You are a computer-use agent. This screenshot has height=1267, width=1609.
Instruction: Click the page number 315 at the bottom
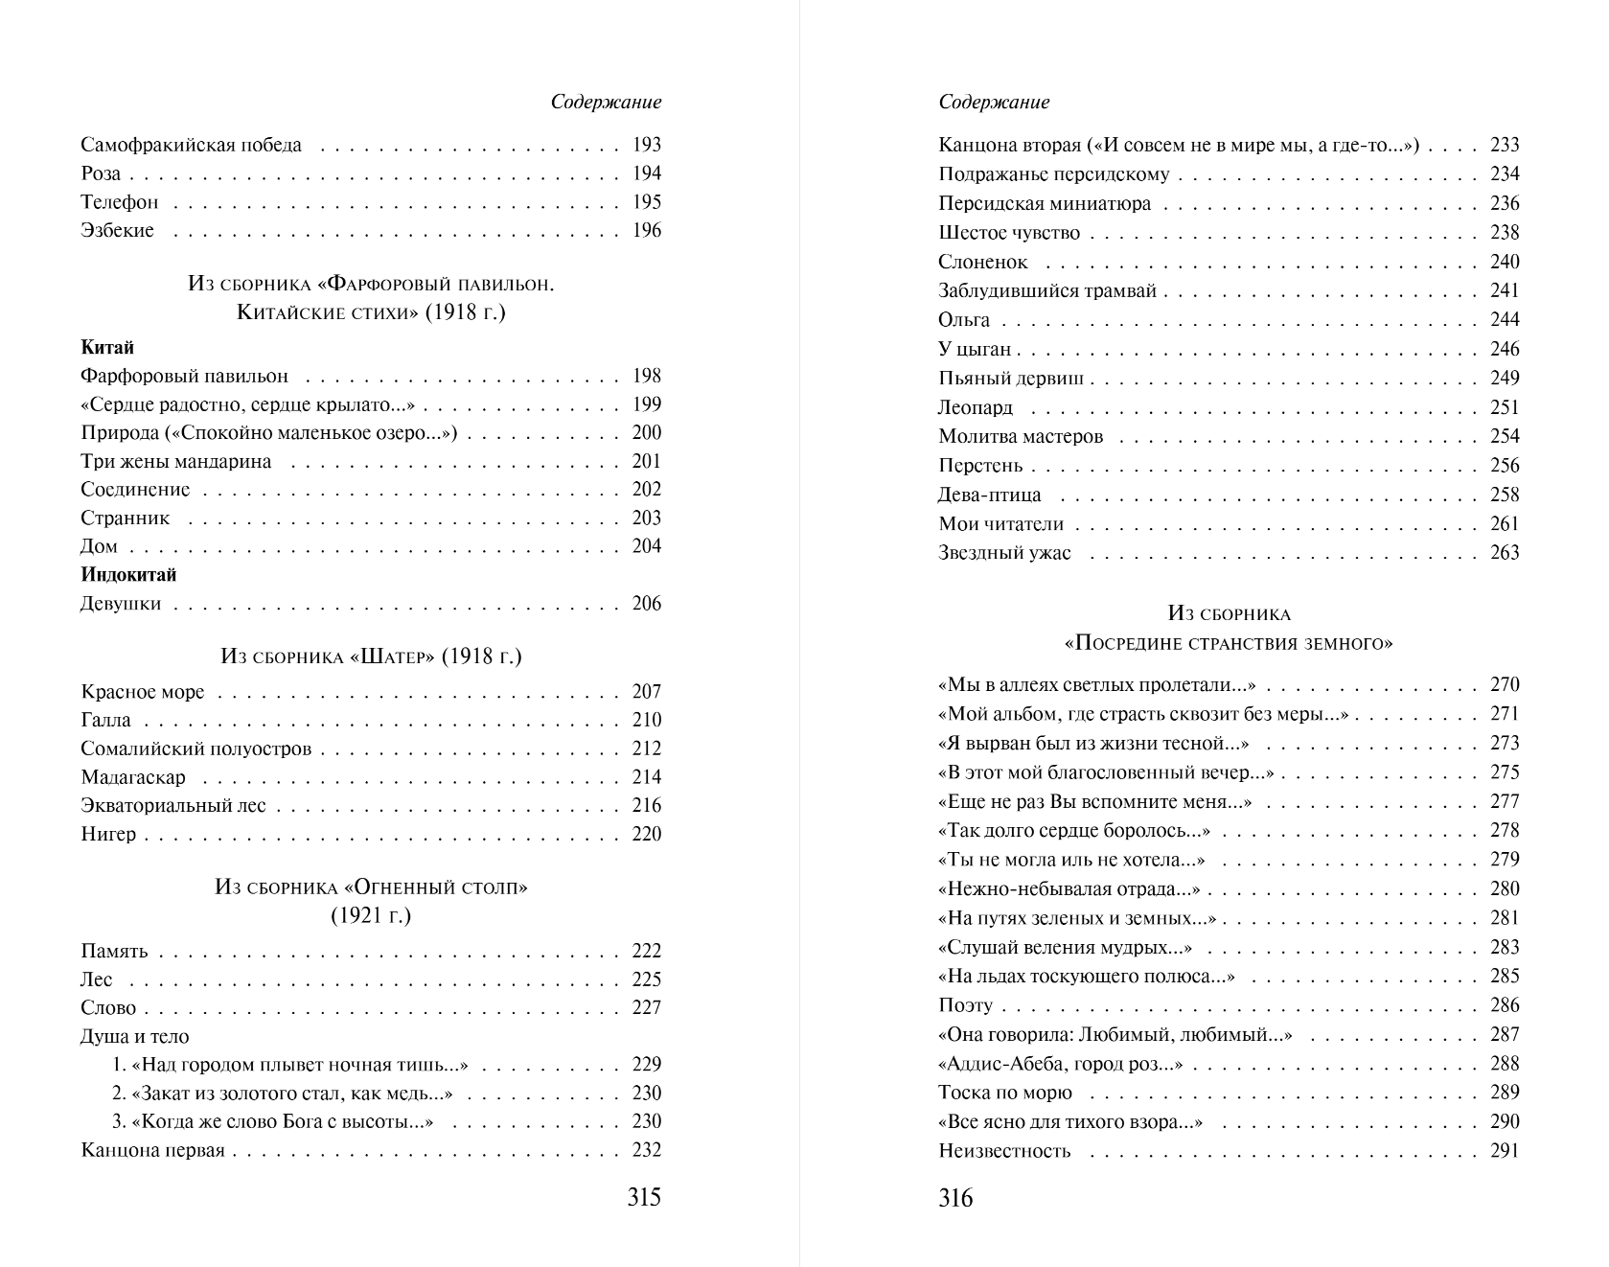644,1197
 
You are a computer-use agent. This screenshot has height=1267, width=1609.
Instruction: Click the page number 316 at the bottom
955,1198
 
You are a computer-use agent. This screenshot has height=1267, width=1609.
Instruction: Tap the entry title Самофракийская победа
191,145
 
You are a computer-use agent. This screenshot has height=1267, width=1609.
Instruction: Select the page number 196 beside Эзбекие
647,230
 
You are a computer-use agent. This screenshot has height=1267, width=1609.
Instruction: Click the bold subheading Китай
107,347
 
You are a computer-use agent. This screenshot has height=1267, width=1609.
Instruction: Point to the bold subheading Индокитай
128,575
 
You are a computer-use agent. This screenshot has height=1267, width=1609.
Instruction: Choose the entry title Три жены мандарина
176,461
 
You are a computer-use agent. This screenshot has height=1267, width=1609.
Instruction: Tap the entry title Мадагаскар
133,777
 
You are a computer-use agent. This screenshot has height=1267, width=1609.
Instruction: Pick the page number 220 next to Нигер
647,834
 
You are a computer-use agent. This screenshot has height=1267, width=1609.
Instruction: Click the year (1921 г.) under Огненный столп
371,915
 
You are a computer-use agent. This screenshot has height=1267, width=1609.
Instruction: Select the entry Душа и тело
135,1036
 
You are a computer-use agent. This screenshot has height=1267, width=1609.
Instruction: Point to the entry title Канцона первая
153,1150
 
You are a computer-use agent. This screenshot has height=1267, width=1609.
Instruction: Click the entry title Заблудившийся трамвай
1047,290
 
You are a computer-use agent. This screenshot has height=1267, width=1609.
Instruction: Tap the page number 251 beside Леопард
1505,407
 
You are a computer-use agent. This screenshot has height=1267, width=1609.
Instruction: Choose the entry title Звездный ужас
1004,553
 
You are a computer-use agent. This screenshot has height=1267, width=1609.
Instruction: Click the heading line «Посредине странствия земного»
1229,643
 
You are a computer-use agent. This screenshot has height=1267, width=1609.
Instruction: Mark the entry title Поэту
965,1005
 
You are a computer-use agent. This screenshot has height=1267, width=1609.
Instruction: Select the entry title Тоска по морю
1005,1093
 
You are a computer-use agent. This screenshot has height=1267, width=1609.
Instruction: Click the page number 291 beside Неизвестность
1505,1151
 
